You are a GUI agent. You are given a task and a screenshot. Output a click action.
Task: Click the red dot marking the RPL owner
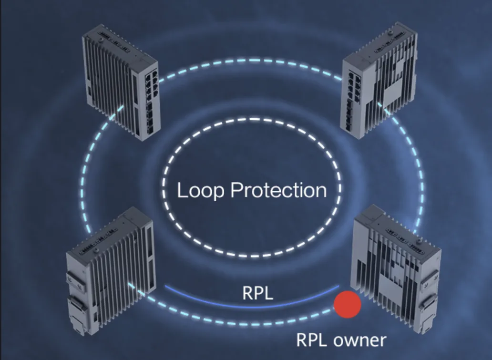point(348,304)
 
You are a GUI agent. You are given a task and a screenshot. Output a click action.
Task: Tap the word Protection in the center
point(278,190)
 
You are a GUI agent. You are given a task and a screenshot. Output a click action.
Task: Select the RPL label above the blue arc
point(257,293)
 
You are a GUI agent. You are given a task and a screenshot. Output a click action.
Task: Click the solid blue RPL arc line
point(252,306)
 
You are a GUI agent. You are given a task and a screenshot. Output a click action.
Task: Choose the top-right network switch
point(379,81)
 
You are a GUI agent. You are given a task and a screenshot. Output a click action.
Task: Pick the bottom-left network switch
point(110,272)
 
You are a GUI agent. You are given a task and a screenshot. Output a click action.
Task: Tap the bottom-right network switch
point(397,269)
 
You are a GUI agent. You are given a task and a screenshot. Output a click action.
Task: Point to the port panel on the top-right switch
point(352,101)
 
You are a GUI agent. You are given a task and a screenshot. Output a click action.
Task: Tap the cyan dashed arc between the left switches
point(83,176)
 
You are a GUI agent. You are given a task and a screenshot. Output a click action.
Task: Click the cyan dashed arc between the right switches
point(421,176)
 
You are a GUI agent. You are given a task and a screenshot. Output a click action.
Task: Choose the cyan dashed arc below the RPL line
point(238,321)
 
